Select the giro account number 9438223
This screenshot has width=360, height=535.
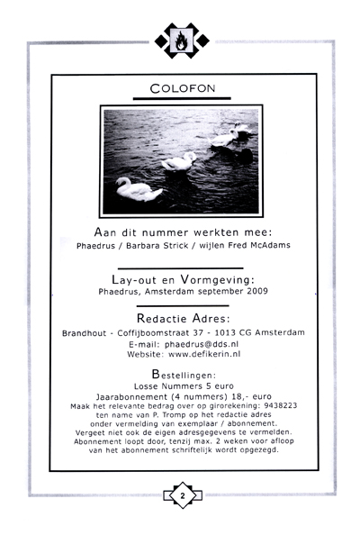(279, 405)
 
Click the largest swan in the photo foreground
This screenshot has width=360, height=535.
(138, 190)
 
